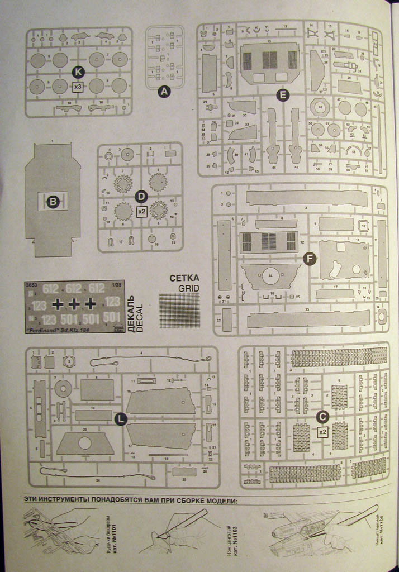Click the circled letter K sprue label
[x=78, y=71]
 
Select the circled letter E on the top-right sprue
[x=283, y=95]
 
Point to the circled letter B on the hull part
[x=53, y=202]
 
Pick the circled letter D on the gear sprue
[x=141, y=197]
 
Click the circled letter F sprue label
[x=309, y=258]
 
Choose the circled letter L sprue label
[x=121, y=419]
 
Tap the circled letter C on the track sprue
[x=322, y=416]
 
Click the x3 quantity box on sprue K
[x=78, y=87]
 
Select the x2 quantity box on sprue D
[x=141, y=212]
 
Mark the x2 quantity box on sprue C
[x=322, y=432]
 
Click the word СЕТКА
[x=184, y=278]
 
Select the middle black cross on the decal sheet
[x=73, y=304]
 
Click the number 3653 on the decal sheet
[x=33, y=284]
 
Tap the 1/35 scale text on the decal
[x=116, y=284]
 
